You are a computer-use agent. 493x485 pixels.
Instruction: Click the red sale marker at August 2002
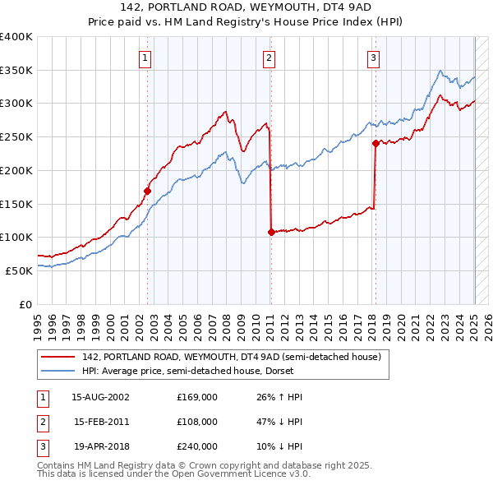[148, 191]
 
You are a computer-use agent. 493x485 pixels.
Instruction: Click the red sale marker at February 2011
[271, 232]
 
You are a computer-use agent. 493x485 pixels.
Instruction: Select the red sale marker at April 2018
[376, 143]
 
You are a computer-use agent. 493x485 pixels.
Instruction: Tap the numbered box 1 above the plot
[145, 58]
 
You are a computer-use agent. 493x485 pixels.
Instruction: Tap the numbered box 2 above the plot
[269, 58]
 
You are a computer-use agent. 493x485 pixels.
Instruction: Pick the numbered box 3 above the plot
[373, 58]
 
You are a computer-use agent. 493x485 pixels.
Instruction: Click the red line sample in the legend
[59, 358]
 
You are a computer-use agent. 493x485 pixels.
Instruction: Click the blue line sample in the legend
[59, 371]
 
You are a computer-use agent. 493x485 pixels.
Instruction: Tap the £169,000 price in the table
[197, 397]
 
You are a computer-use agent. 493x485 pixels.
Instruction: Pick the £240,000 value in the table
[197, 446]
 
